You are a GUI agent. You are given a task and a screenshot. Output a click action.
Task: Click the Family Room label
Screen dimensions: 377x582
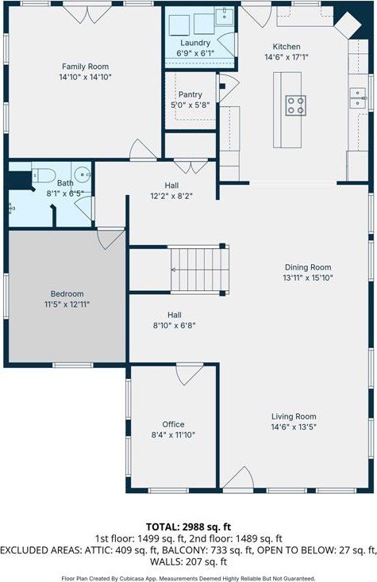pos(85,67)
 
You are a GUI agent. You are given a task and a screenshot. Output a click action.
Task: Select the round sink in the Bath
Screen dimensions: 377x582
pos(82,174)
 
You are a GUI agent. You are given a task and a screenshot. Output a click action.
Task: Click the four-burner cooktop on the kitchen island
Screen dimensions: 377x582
pos(296,105)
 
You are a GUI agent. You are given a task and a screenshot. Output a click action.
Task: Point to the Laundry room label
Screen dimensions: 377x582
pos(195,43)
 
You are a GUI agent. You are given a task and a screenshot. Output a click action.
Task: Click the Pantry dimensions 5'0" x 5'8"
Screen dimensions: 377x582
pos(190,105)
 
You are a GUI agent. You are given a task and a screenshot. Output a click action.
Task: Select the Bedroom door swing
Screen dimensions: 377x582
pos(111,239)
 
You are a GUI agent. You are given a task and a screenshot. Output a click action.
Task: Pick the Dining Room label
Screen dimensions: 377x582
pos(308,267)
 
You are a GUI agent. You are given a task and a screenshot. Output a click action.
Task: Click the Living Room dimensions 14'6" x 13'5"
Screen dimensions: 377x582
pos(294,427)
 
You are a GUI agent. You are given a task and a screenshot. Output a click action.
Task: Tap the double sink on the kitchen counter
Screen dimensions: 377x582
pos(358,98)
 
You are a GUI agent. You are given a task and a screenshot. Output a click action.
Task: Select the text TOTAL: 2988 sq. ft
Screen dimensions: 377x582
pos(188,526)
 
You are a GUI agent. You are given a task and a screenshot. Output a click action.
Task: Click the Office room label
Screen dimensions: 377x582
pos(173,424)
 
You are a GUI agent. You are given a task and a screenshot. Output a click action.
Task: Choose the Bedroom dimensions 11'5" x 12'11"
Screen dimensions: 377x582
pos(67,304)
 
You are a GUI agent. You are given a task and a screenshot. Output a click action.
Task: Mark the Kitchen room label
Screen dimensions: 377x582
pos(287,47)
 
